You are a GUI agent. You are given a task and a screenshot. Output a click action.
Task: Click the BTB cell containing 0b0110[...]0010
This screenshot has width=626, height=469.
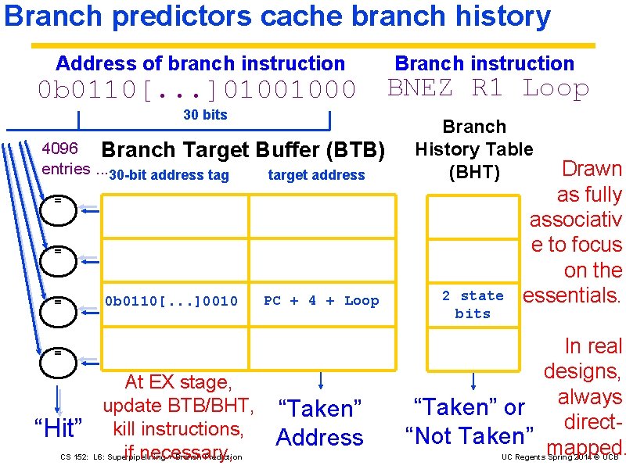[171, 301]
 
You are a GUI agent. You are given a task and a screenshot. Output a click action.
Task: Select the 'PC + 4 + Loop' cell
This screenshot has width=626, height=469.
[321, 301]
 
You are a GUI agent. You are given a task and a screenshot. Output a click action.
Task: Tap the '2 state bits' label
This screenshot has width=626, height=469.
[473, 305]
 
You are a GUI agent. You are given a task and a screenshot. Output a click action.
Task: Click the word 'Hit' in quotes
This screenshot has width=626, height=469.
[59, 428]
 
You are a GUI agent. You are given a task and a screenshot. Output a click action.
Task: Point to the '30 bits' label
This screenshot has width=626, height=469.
[205, 115]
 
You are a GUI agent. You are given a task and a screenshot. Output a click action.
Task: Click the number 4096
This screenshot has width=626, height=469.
[59, 149]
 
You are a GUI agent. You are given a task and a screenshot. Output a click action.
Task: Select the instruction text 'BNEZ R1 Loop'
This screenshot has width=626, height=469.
[488, 88]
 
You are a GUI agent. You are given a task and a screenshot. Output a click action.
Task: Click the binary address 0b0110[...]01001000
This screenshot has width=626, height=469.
[196, 90]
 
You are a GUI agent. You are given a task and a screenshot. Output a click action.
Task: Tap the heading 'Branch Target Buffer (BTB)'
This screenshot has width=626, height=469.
[243, 150]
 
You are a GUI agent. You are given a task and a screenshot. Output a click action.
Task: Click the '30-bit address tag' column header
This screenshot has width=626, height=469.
[169, 175]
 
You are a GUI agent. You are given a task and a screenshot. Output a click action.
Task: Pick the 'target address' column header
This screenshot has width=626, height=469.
[316, 175]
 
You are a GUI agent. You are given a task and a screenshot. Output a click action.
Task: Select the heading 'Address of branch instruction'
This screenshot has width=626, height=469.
[200, 63]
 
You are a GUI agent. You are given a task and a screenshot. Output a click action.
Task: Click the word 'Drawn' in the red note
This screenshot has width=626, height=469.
[592, 169]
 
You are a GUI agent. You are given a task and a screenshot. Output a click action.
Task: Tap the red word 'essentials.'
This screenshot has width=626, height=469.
[571, 295]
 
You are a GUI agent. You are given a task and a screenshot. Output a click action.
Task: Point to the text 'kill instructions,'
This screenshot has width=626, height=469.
[178, 428]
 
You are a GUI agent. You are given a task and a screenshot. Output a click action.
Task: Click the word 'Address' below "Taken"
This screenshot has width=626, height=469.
[320, 437]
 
